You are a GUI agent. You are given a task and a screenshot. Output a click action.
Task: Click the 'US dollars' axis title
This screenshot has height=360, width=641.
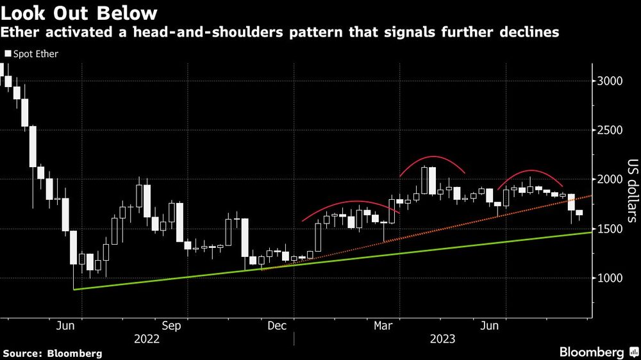[x=632, y=190]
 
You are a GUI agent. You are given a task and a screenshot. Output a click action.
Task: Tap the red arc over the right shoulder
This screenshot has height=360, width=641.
[x=531, y=171]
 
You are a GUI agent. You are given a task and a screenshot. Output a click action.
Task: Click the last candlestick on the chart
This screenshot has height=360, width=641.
[x=579, y=213]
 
